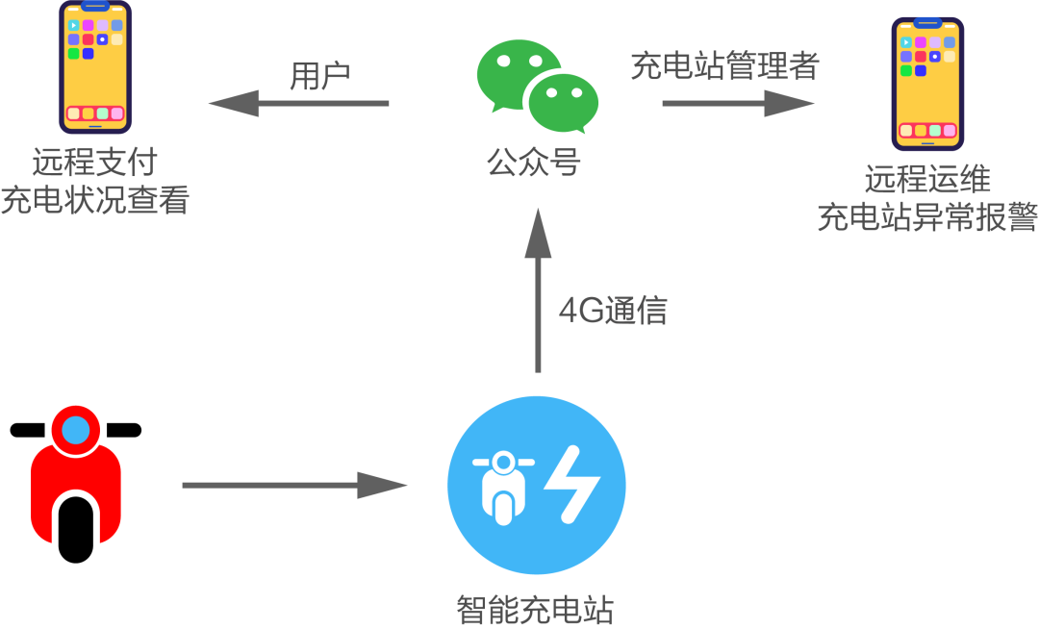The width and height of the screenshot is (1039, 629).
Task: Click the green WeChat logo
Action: (537, 86)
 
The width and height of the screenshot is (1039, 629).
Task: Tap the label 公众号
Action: (534, 163)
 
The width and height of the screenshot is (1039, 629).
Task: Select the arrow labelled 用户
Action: (298, 103)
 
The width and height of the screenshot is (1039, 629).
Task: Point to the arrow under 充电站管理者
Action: (738, 103)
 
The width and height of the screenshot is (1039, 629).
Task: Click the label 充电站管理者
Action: (723, 65)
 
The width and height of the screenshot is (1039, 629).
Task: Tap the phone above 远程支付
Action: (94, 66)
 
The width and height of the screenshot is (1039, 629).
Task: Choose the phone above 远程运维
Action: (927, 84)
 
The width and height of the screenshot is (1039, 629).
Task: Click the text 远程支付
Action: (93, 163)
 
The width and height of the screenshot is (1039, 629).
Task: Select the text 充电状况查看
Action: (94, 201)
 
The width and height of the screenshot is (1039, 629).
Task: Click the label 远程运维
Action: (927, 180)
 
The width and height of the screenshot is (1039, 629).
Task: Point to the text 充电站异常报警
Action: (927, 218)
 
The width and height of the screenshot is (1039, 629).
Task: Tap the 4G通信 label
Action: (613, 311)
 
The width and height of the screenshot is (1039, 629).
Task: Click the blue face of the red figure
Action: (76, 429)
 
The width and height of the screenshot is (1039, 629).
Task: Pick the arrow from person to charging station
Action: (293, 485)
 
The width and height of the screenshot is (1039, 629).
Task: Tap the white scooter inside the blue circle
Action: (502, 485)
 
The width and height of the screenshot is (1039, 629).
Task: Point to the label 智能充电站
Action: (535, 610)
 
